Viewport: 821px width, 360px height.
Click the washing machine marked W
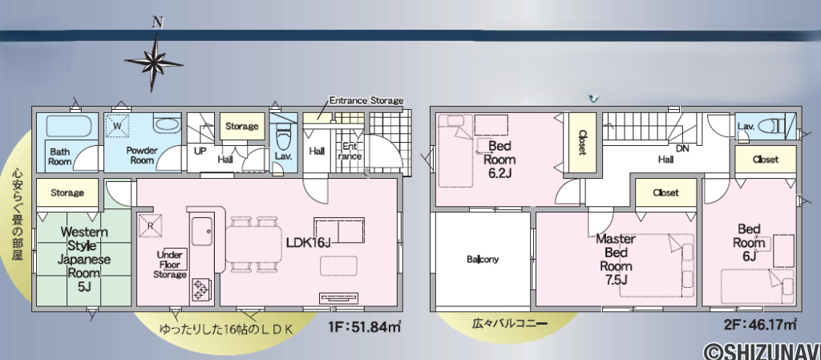click(x=119, y=127)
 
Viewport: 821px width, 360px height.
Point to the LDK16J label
click(x=308, y=240)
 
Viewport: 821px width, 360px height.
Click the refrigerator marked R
click(x=149, y=224)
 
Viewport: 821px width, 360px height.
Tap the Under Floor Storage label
click(x=171, y=264)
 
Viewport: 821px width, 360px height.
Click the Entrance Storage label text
click(x=366, y=100)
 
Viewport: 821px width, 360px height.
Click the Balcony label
click(x=483, y=259)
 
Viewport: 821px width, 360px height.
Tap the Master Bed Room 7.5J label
click(x=616, y=259)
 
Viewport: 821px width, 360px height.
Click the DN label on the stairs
click(x=683, y=149)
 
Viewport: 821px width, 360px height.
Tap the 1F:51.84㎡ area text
click(x=364, y=326)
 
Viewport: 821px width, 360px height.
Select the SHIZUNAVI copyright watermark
click(x=762, y=350)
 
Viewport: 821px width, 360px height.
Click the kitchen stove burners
click(x=200, y=289)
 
